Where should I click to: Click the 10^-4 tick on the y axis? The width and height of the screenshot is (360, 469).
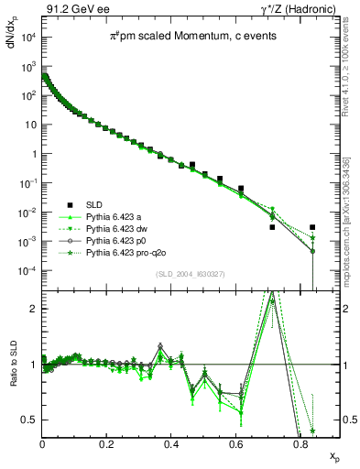pyautogui.click(x=29, y=271)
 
